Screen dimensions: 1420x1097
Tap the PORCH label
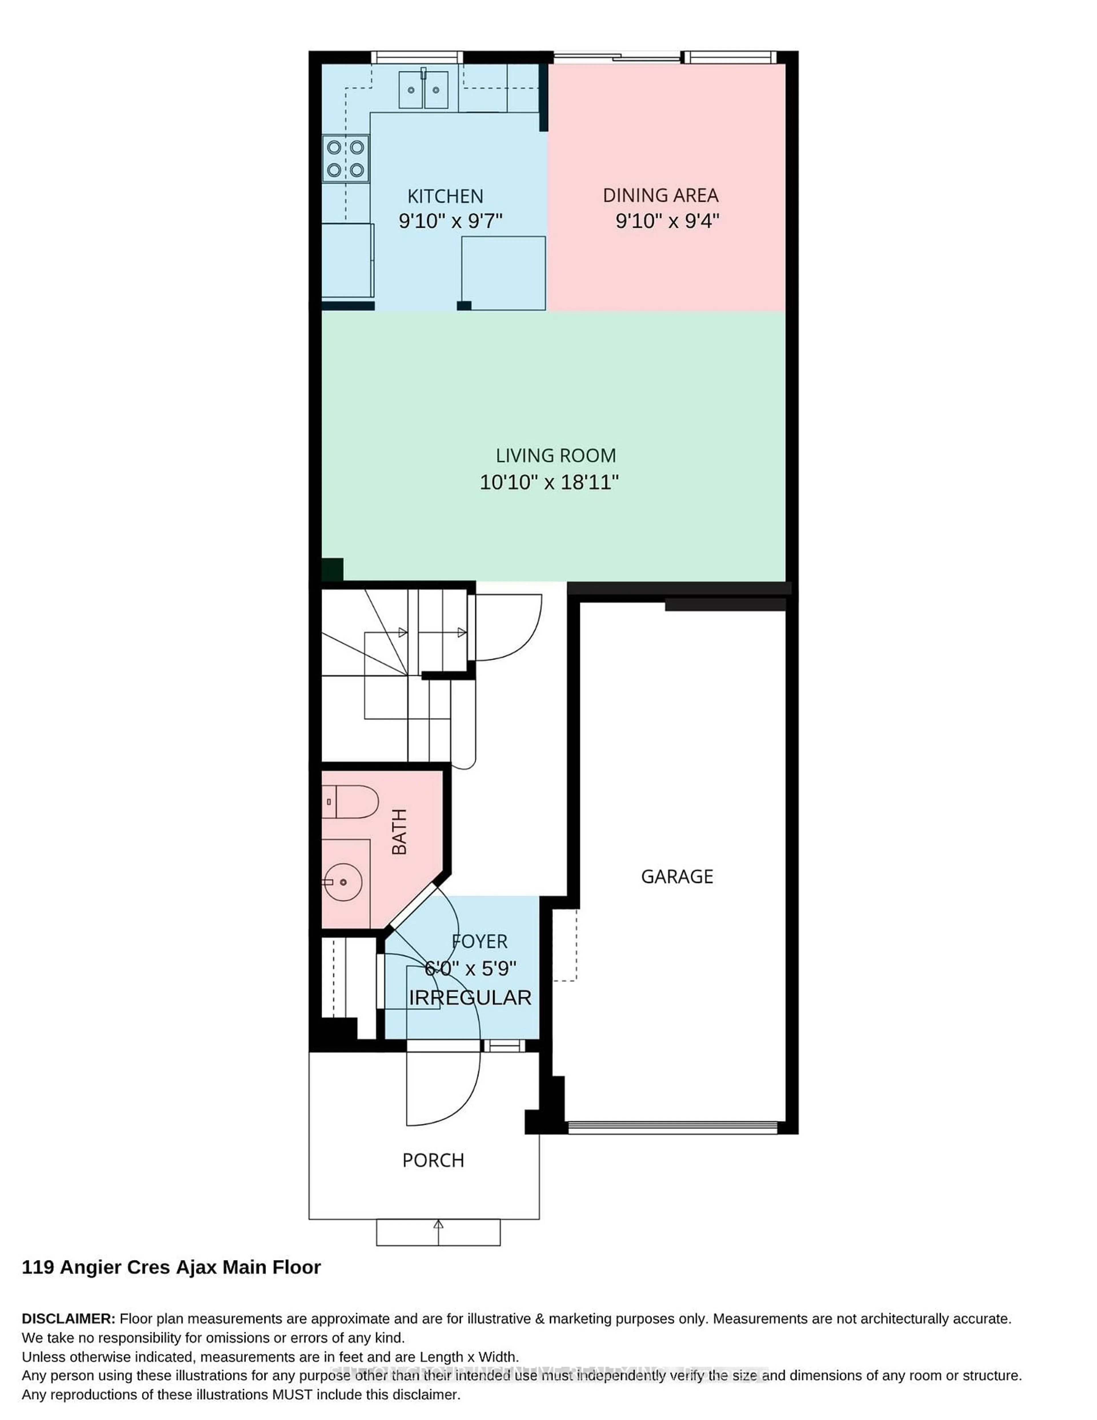[x=433, y=1161]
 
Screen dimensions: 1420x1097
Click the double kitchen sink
[x=423, y=90]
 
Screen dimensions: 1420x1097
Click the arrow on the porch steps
[x=438, y=1225]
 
